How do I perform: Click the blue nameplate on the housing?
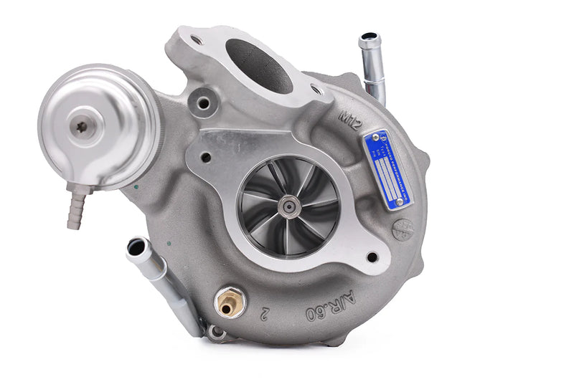pos(387,169)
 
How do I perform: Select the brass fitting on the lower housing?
pos(228,302)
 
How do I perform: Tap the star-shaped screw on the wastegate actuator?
pos(82,127)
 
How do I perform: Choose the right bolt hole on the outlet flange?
pos(316,89)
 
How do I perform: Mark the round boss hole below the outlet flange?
pos(204,103)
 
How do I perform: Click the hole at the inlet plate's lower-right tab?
pos(372,257)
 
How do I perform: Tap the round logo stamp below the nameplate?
pos(403,230)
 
